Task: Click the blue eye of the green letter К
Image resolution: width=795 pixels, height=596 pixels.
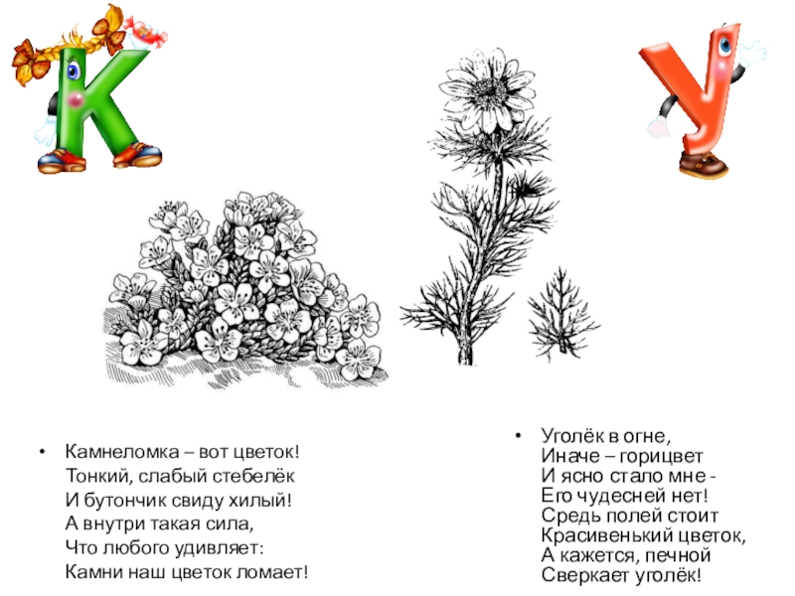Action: coord(73,70)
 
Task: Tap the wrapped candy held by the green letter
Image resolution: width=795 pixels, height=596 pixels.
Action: coord(146,33)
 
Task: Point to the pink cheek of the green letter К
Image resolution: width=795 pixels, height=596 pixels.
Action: coord(76,100)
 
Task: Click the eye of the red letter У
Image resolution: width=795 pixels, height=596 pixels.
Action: coord(725,46)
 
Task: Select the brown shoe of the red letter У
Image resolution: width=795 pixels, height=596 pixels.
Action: coord(704,164)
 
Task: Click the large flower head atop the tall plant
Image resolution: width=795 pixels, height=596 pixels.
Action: coord(488,91)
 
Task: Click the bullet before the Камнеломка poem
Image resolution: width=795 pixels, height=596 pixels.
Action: coord(43,452)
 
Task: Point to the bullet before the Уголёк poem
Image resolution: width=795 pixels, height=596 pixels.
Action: coord(518,436)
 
